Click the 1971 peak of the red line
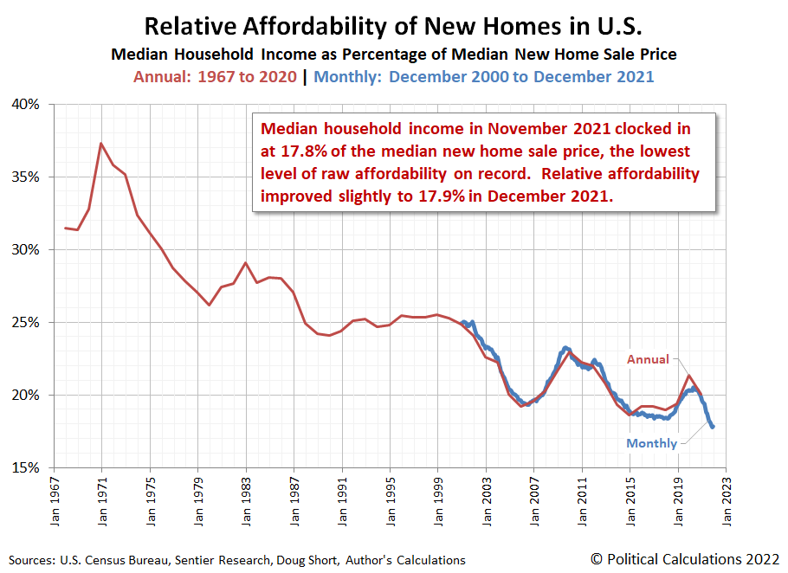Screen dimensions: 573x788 (x=101, y=143)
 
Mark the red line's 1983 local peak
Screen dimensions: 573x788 (x=246, y=262)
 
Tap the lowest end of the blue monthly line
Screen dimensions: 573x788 (x=713, y=427)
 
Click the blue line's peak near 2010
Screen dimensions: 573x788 (x=565, y=348)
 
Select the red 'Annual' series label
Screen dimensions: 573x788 (x=648, y=359)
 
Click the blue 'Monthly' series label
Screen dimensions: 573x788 (x=652, y=443)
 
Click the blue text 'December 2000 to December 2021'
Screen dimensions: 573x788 (x=521, y=76)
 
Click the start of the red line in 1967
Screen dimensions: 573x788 (x=66, y=228)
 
